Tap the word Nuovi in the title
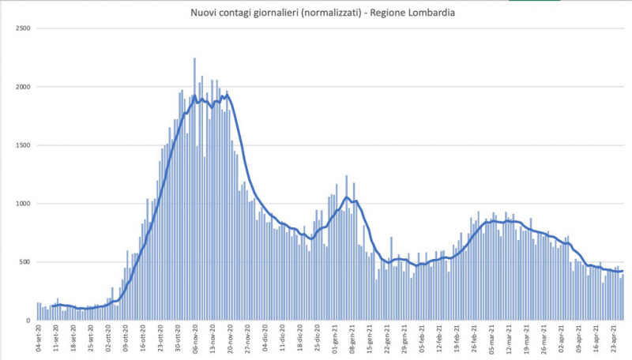coord(203,13)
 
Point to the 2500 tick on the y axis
coord(22,28)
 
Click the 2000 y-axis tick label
coord(22,87)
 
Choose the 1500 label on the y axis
coord(22,145)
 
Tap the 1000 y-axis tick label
coord(22,204)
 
